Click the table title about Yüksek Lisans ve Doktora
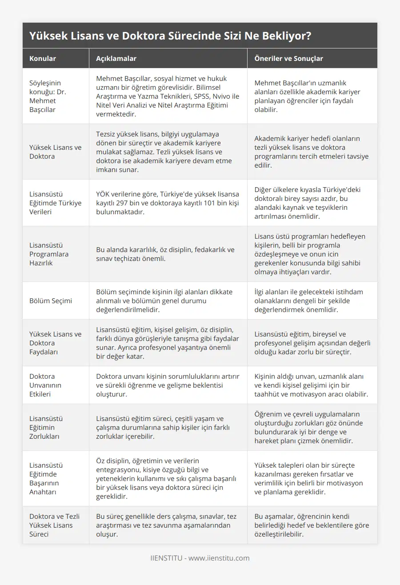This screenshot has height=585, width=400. pyautogui.click(x=170, y=36)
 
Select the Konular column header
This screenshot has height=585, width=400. pyautogui.click(x=43, y=58)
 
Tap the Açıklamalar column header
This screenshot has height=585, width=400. pyautogui.click(x=116, y=58)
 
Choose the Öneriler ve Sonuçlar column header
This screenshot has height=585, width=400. pyautogui.click(x=289, y=58)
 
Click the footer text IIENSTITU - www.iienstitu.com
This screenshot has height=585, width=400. pyautogui.click(x=200, y=558)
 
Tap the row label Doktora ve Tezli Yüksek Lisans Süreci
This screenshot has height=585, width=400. pyautogui.click(x=54, y=525)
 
